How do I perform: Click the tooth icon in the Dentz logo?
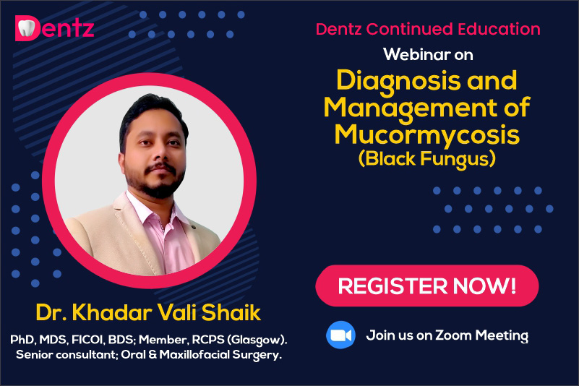(x=27, y=28)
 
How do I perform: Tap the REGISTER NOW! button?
(x=427, y=286)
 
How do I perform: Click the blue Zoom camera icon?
(x=340, y=335)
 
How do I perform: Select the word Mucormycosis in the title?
(x=427, y=134)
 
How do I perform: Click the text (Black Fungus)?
(x=427, y=159)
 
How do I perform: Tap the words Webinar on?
(x=428, y=55)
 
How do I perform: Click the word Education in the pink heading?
(x=499, y=29)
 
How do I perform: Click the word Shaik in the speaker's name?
(x=231, y=312)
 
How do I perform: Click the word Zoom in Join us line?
(x=454, y=335)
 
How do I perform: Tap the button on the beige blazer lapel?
(x=193, y=226)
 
